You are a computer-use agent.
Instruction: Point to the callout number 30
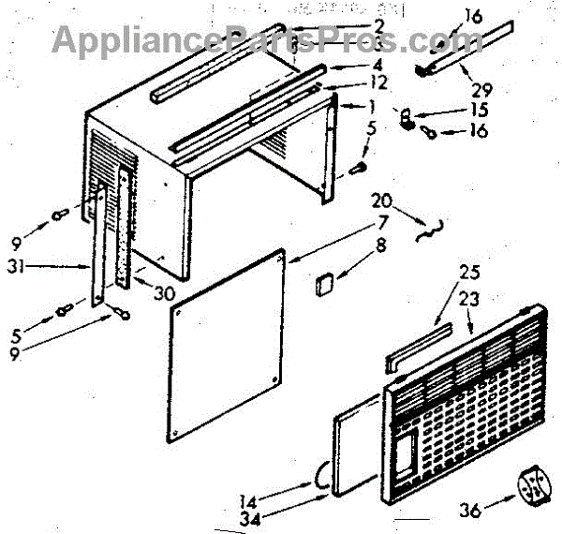164,292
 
